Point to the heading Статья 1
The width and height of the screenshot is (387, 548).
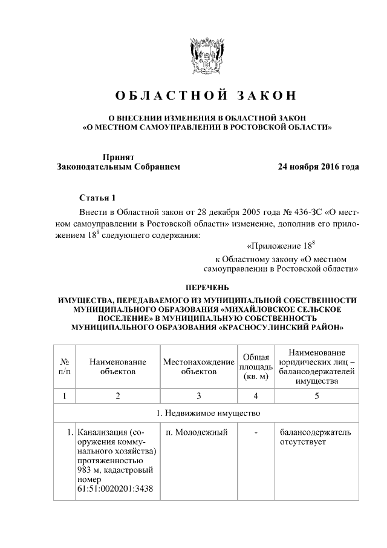(96, 198)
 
